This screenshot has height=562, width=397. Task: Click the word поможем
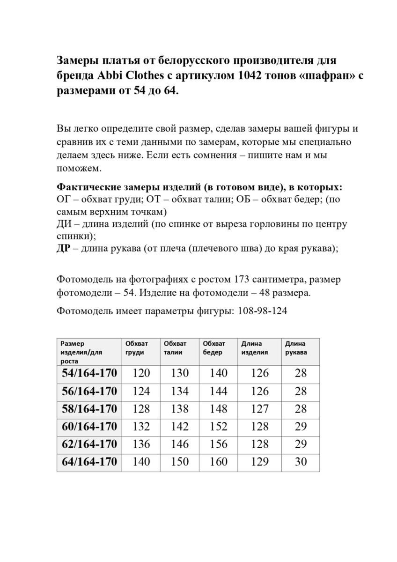coord(78,168)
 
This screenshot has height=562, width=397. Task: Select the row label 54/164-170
coord(89,373)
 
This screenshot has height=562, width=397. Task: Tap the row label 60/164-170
coord(89,427)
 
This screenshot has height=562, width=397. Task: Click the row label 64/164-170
coord(89,462)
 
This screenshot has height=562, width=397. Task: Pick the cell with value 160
coord(218,462)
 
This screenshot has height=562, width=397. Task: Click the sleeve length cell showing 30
coord(301,462)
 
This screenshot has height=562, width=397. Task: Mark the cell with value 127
coord(260,409)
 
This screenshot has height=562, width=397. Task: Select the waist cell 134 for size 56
coord(180,391)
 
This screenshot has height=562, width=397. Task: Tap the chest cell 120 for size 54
coord(141,373)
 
